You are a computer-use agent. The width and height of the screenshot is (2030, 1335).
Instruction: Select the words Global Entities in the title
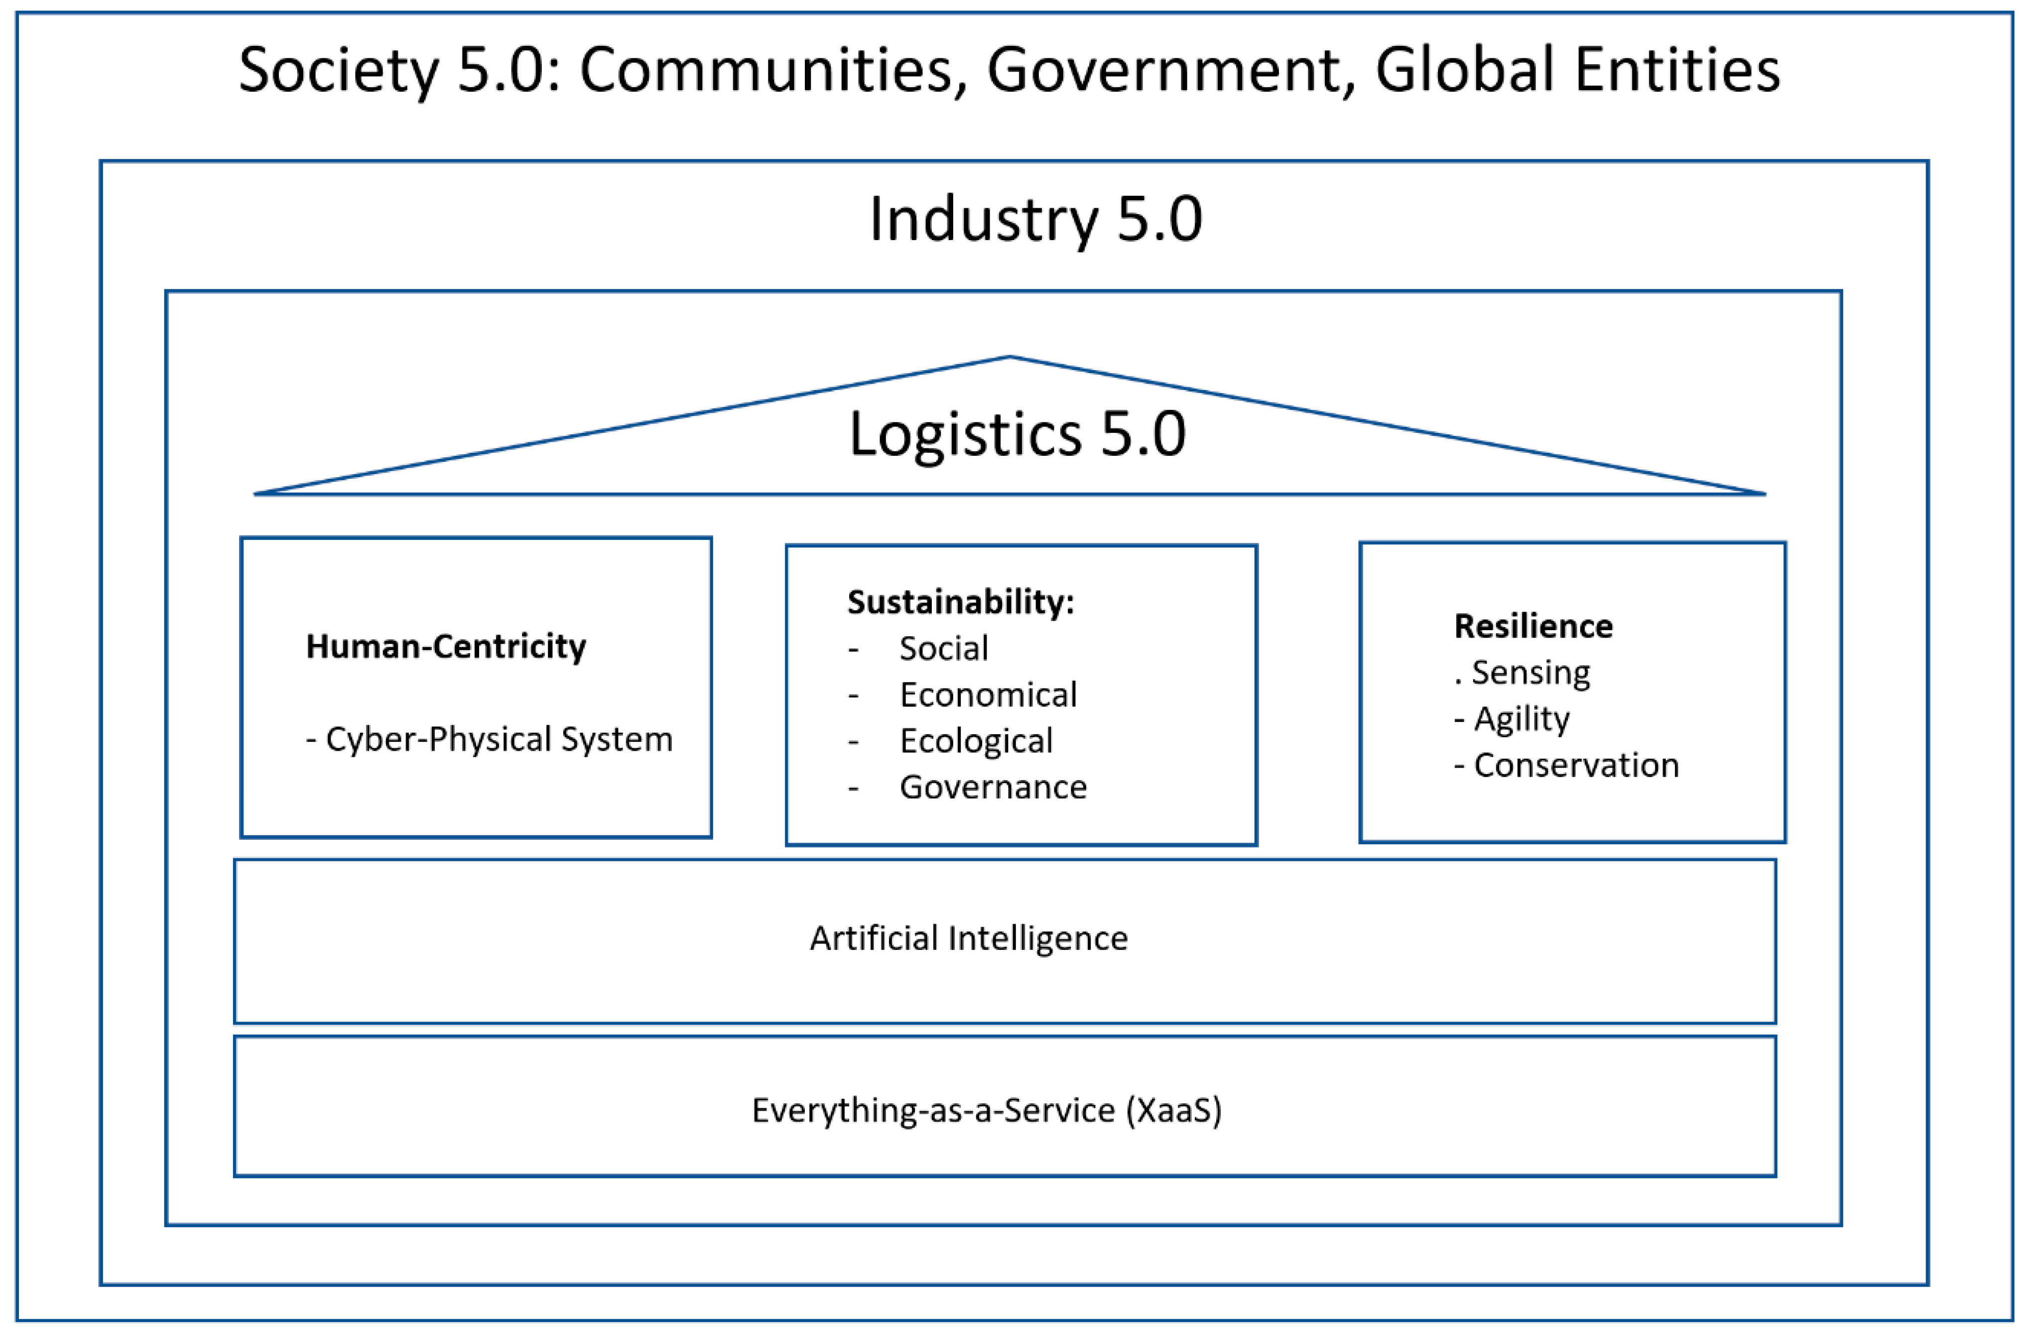(x=1577, y=70)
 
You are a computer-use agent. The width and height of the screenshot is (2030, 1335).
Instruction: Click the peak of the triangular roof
(x=1010, y=358)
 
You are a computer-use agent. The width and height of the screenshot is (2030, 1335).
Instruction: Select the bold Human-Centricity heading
(x=446, y=647)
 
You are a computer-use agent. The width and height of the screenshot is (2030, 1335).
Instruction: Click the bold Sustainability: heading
(x=960, y=602)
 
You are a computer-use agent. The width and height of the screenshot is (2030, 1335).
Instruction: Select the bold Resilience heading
(x=1533, y=626)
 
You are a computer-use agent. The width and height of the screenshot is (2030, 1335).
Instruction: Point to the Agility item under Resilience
(x=1521, y=719)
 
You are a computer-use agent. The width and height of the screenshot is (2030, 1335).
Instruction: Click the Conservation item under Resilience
(x=1575, y=765)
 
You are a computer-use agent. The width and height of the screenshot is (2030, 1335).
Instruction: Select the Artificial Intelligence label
(x=969, y=938)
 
